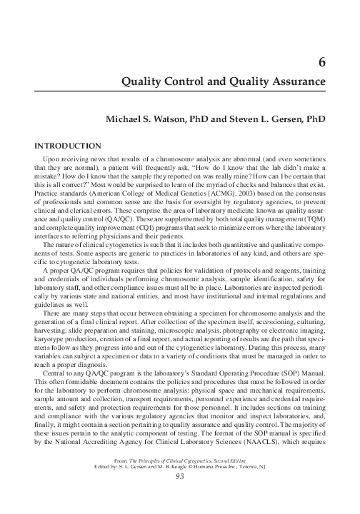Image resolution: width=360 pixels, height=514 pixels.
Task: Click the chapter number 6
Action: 322,62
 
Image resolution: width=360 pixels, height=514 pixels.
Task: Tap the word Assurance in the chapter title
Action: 294,82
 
